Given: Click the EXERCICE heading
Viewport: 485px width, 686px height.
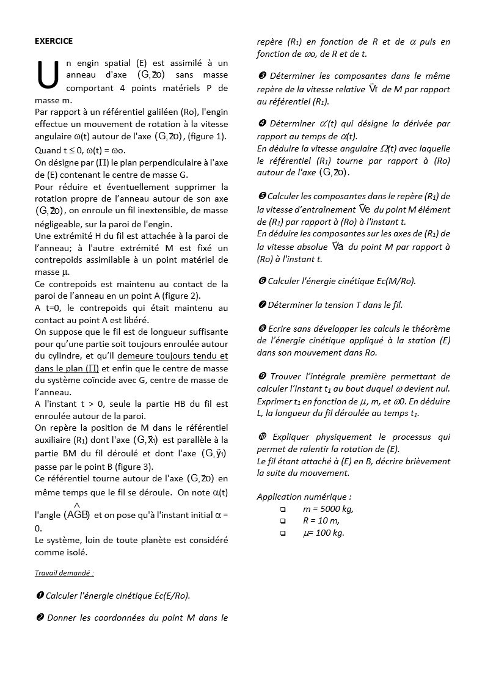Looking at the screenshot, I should (54, 41).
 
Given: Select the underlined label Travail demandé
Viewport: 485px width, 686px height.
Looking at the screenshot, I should (64, 573).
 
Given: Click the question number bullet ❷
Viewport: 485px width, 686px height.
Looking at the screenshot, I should (40, 618).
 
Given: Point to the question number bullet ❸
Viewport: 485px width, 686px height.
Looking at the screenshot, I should (261, 76).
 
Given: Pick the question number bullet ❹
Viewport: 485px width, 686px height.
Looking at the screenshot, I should (261, 124).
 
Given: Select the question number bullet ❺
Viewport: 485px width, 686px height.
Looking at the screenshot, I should (261, 196).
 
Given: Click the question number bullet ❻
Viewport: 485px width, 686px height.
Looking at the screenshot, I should (261, 281).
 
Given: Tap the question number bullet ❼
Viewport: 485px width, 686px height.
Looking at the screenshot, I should (261, 305).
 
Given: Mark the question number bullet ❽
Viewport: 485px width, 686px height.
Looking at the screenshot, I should (261, 329).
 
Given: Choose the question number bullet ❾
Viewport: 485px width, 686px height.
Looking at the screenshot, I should (261, 376).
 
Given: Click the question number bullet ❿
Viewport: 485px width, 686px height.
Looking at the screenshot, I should (262, 437).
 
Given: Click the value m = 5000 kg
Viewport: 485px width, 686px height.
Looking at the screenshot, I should (328, 509).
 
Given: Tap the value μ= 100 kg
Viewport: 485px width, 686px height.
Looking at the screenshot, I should (324, 533).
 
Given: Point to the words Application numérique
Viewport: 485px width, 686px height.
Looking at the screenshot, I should (304, 497).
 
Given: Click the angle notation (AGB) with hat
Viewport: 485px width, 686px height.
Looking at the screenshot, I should (77, 514).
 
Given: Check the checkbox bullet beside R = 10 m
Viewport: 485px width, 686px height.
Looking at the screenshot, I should (282, 521).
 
